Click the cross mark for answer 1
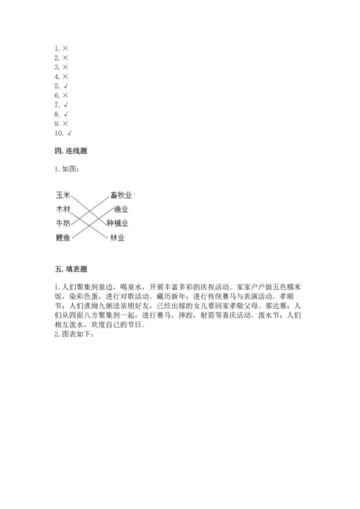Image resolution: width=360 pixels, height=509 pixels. tap(65, 48)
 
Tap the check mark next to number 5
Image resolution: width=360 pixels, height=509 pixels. tap(65, 86)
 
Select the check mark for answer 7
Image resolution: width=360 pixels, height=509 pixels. tap(65, 104)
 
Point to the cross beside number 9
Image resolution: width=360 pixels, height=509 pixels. tap(65, 123)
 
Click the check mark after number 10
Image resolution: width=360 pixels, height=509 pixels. tap(69, 132)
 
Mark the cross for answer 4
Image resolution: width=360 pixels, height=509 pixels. tap(65, 76)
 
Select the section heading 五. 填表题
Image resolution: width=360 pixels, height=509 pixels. tap(71, 269)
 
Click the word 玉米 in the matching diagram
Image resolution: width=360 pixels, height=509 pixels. tap(63, 194)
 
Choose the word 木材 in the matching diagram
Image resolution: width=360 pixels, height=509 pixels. tap(63, 209)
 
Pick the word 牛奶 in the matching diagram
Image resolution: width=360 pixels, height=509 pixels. tap(63, 223)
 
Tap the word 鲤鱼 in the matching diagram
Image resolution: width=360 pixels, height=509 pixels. tap(63, 238)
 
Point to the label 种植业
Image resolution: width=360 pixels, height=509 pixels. tap(121, 223)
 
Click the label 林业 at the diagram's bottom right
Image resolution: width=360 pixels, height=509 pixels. tap(117, 238)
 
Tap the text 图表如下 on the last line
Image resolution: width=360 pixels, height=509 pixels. tap(71, 333)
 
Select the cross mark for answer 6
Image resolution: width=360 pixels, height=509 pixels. tap(65, 95)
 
